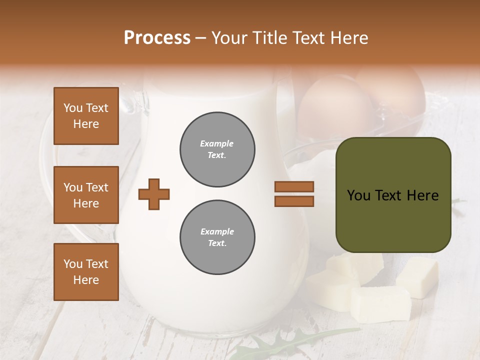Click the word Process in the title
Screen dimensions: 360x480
tap(157, 38)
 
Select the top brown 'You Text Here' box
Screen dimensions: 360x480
tap(86, 116)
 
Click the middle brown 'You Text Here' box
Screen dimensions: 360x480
tap(86, 195)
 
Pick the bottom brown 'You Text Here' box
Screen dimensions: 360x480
tap(86, 271)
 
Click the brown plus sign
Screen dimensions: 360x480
tap(154, 193)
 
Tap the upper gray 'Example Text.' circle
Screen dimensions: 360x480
tap(217, 149)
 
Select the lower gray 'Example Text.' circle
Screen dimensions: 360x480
tap(217, 237)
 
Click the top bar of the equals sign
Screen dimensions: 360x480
tap(294, 186)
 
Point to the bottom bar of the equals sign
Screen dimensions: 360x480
tap(294, 201)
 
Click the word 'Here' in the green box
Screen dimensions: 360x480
tap(422, 195)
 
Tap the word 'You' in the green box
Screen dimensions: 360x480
tap(359, 195)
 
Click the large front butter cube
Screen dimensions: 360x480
tap(380, 304)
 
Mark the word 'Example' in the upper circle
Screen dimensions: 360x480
tap(217, 144)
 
